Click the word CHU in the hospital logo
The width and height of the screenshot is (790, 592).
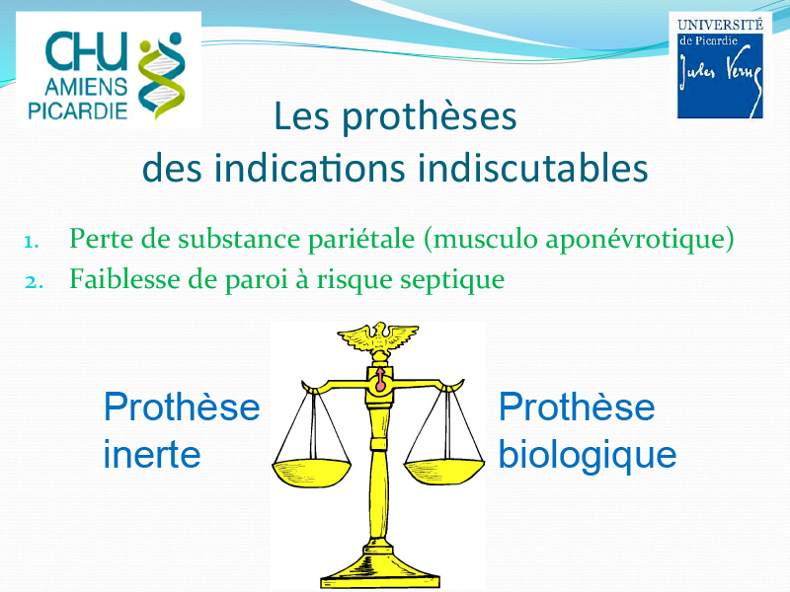tap(86, 51)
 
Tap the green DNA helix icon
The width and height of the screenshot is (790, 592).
tap(161, 76)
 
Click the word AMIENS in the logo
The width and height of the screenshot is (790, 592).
tap(86, 87)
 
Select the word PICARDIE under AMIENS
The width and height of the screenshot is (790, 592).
tap(78, 111)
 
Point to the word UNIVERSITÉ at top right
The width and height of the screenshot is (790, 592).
tap(720, 24)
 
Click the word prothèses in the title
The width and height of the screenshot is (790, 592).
tap(430, 117)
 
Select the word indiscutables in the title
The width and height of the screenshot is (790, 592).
tap(532, 168)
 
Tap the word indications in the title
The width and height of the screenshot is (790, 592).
tap(309, 168)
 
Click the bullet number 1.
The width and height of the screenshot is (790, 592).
tap(32, 242)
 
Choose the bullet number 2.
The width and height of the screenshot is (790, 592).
tap(34, 282)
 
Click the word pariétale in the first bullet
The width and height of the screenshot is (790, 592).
tap(361, 238)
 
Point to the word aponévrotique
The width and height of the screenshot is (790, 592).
tap(635, 239)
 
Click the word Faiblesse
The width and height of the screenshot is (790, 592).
tap(125, 278)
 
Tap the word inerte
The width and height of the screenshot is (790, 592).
tap(152, 454)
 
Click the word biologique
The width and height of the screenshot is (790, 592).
tap(587, 455)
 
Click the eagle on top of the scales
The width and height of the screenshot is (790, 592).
tap(378, 338)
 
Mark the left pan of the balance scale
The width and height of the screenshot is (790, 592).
tap(311, 473)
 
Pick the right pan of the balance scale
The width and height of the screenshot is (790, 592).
tap(444, 472)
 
